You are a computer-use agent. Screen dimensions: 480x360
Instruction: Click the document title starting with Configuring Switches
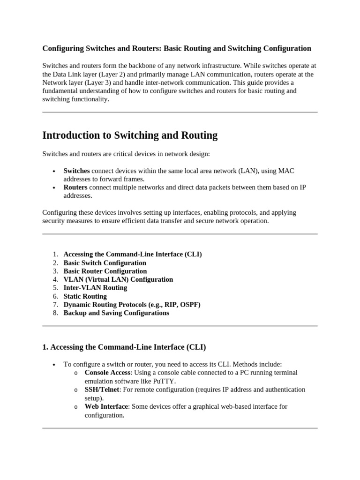pos(177,48)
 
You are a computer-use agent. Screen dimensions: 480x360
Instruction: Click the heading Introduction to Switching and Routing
pos(130,135)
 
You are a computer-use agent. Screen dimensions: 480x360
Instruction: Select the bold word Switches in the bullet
pos(76,171)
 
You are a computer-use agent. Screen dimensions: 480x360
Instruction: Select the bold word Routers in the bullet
pos(75,187)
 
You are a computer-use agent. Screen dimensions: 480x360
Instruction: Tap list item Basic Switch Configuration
pos(105,263)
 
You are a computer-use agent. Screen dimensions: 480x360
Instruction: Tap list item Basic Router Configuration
pos(105,271)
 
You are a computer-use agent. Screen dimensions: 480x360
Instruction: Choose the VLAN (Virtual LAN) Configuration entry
pos(118,279)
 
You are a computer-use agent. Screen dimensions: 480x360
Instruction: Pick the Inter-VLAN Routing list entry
pos(95,288)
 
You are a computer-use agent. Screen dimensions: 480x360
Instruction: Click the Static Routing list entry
pos(85,296)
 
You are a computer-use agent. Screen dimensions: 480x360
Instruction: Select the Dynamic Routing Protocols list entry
pos(132,305)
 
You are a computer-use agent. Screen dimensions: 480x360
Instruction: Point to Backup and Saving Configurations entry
pos(116,313)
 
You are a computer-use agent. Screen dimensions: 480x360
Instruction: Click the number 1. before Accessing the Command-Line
pos(55,255)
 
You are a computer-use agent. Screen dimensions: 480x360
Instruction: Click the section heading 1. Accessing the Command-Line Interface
pos(124,347)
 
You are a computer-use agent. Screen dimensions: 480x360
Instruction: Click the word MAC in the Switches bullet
pos(286,171)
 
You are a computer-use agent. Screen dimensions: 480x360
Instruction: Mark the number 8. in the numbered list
pos(55,313)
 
